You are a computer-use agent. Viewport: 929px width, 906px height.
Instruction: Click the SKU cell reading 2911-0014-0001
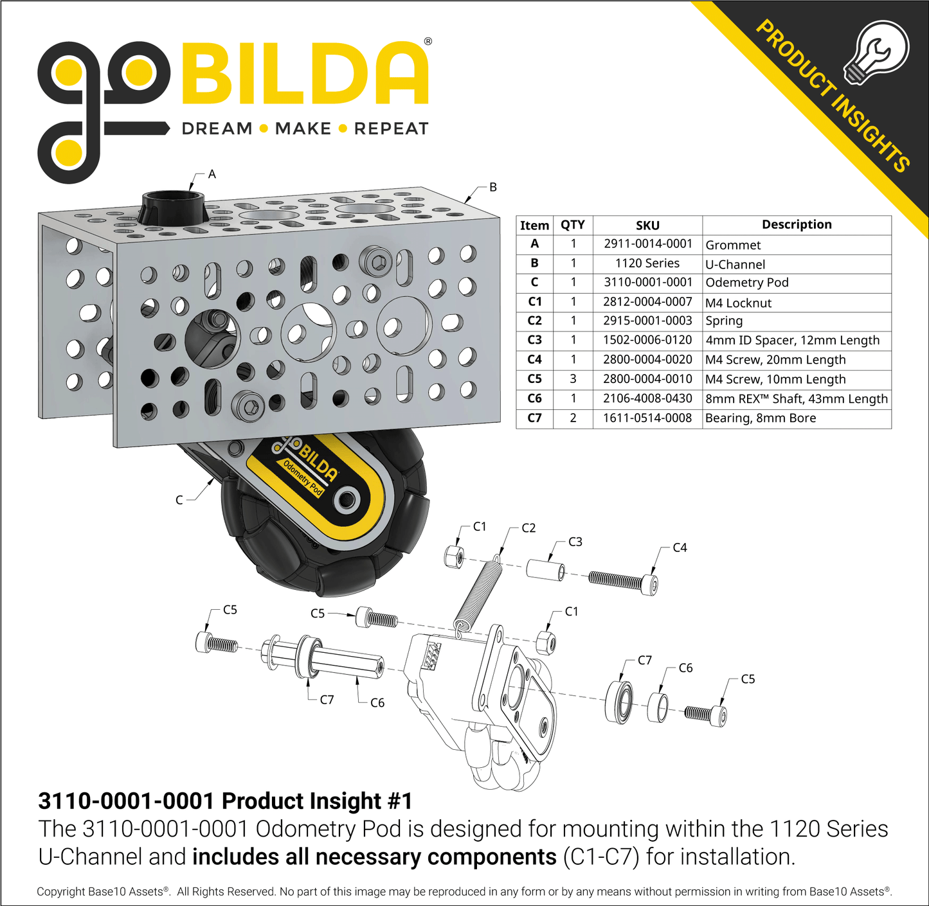[647, 244]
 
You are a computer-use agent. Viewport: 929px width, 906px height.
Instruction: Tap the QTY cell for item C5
[573, 379]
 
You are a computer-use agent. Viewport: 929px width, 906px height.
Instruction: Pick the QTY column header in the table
[572, 225]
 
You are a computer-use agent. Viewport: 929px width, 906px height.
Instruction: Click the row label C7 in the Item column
[534, 418]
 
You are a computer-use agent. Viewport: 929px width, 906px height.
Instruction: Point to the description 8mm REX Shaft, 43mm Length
[797, 398]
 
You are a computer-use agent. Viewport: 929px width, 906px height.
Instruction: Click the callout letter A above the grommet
[212, 174]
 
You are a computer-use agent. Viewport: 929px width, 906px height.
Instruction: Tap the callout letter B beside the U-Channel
[493, 188]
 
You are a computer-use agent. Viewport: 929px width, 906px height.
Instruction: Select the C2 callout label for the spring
[528, 528]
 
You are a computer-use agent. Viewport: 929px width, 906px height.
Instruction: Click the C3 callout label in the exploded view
[575, 542]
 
